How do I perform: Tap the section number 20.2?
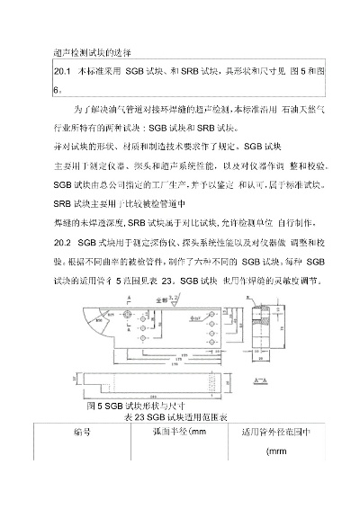coord(64,242)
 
